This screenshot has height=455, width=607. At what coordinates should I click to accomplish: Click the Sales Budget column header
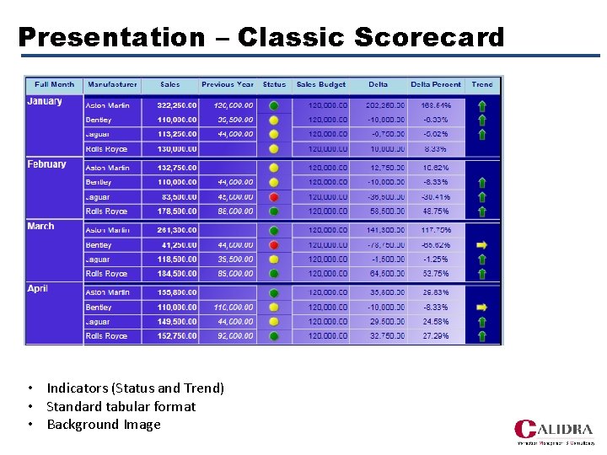click(x=320, y=84)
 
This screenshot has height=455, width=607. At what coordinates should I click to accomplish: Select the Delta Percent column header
click(x=435, y=84)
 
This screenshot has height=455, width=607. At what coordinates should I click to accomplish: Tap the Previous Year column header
click(x=228, y=84)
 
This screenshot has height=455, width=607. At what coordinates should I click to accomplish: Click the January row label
click(x=45, y=101)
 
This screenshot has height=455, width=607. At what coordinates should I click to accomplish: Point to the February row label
click(x=46, y=163)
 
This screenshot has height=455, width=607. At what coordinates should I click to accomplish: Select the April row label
click(x=38, y=288)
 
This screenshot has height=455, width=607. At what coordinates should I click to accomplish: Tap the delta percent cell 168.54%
click(x=437, y=105)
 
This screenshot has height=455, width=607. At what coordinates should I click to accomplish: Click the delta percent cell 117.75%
click(x=437, y=230)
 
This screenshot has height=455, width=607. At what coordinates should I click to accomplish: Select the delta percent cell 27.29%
click(x=437, y=336)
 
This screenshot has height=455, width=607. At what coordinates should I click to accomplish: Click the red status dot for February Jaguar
click(x=274, y=197)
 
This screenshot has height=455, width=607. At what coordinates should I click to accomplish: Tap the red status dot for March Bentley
click(x=274, y=245)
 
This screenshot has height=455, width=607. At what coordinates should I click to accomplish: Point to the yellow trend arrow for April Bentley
click(x=481, y=308)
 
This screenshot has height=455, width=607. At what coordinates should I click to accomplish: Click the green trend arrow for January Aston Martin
click(x=481, y=106)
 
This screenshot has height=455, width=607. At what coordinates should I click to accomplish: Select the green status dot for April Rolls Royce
click(x=274, y=336)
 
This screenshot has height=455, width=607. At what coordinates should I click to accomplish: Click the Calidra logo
click(x=553, y=431)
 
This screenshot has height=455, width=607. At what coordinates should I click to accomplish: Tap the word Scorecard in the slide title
click(x=429, y=37)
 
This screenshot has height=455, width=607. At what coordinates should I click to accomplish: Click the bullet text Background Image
click(x=103, y=425)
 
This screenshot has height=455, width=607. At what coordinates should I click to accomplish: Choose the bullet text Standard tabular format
click(x=121, y=406)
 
